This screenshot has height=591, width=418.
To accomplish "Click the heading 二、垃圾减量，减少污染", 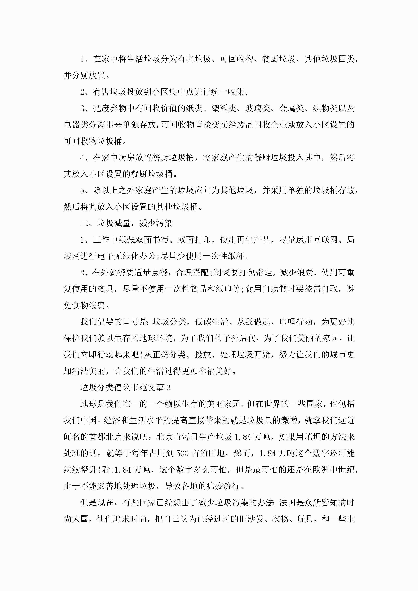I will point(126,223).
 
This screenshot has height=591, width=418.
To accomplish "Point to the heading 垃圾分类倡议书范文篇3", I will point(125,388).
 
